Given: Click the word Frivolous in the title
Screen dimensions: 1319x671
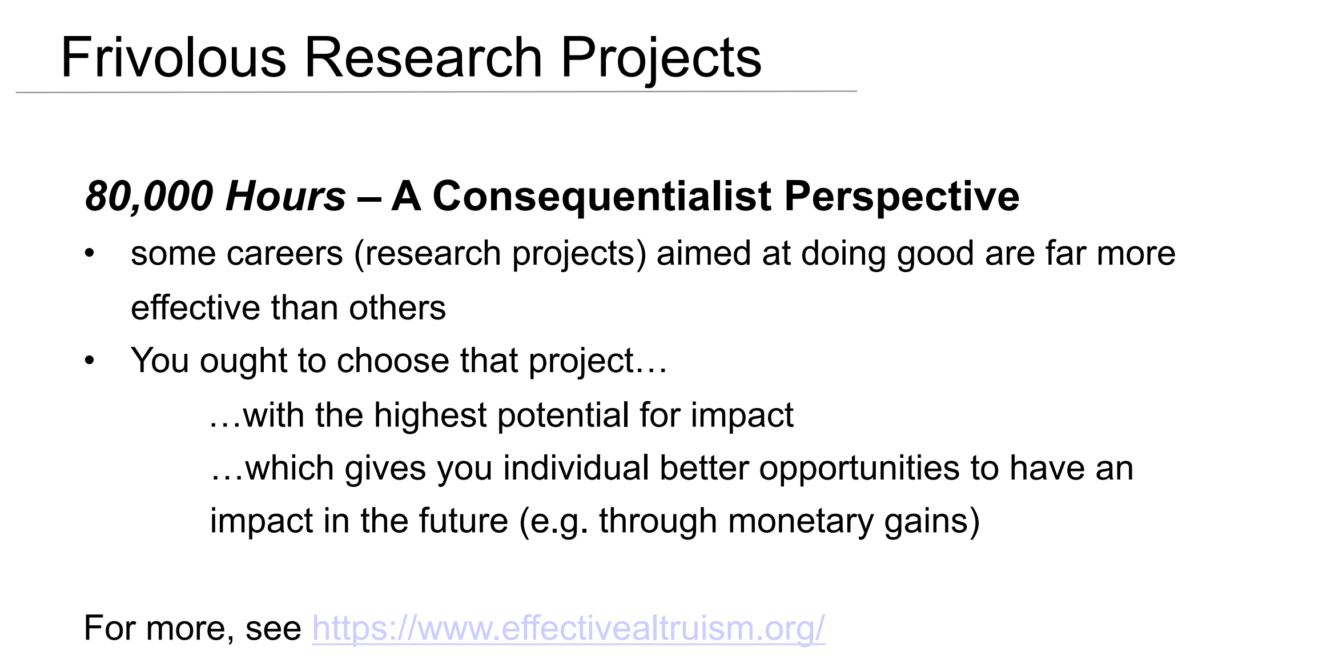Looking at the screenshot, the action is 174,57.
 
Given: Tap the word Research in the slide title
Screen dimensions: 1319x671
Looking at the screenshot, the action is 423,57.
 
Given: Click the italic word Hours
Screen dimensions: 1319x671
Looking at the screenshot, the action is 285,196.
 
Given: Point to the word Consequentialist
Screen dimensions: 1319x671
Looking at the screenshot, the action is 602,197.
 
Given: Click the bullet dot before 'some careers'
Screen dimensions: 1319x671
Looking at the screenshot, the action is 89,253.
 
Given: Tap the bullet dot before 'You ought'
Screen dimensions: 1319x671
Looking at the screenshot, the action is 89,361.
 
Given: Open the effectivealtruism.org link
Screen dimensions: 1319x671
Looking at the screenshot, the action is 568,628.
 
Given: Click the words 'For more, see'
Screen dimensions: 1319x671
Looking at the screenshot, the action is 192,629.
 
